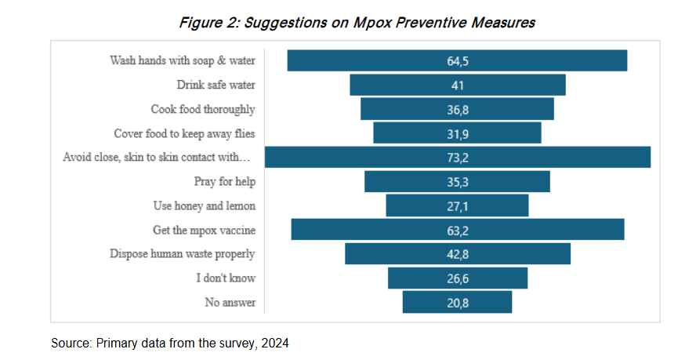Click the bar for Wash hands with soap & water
[x=457, y=60]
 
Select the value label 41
[x=458, y=85]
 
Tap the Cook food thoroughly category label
[x=203, y=109]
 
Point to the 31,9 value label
[x=458, y=133]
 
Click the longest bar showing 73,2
[x=458, y=157]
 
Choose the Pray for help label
[x=225, y=181]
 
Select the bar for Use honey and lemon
[x=458, y=205]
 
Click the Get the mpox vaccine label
[x=204, y=230]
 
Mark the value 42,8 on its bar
[x=458, y=254]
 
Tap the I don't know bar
[x=458, y=278]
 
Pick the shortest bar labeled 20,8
[x=458, y=302]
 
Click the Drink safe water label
[x=216, y=85]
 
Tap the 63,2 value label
[x=458, y=230]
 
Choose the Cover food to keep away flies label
[x=184, y=133]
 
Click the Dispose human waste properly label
[x=183, y=254]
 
